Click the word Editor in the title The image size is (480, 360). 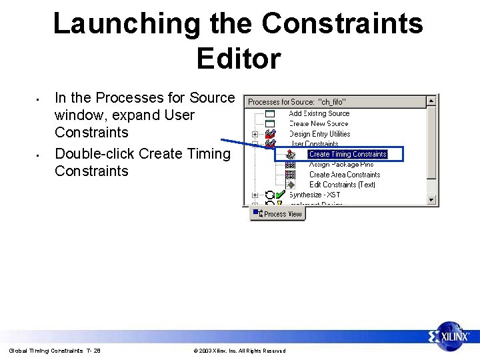239,59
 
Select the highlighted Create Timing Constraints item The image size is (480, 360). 347,154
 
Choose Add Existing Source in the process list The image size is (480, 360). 319,113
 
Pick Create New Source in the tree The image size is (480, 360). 319,123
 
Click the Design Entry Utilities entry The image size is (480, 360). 319,134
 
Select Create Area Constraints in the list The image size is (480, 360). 344,175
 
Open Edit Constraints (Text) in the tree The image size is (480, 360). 342,185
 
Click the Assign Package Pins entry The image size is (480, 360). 341,165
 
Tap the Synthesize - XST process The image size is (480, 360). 314,195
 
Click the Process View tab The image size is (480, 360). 278,214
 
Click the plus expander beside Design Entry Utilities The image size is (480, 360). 255,134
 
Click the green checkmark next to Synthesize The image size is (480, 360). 281,195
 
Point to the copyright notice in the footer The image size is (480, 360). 239,351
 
